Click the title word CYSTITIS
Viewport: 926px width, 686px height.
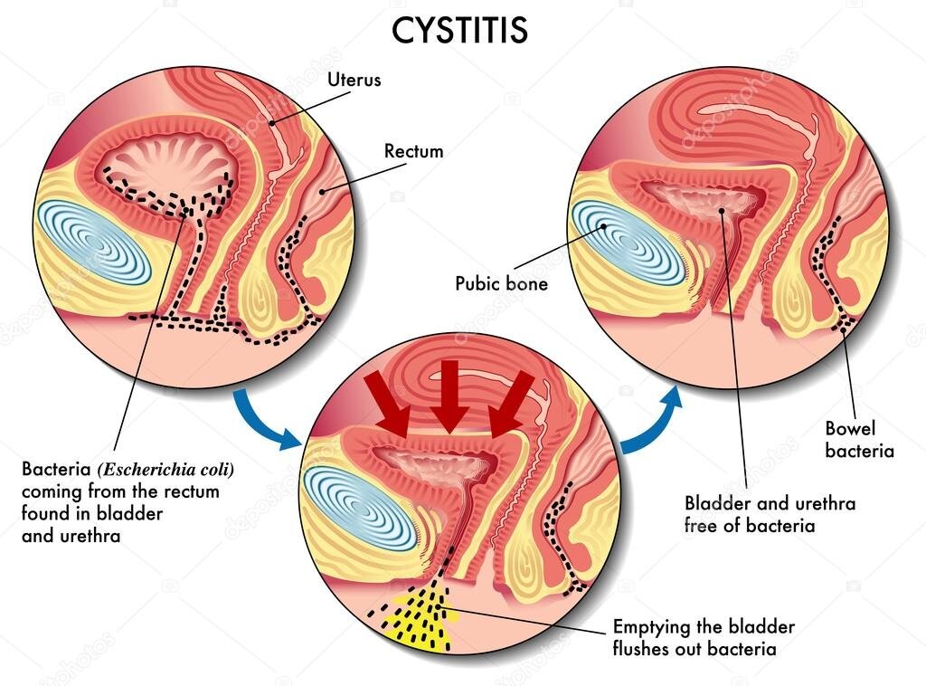click(459, 30)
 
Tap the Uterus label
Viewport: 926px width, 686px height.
click(354, 80)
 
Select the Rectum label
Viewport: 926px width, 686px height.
click(413, 151)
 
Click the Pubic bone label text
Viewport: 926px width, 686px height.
click(501, 283)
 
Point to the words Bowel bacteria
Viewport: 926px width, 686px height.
click(859, 439)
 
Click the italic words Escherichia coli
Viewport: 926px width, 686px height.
click(166, 471)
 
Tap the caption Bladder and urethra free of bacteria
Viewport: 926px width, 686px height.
click(770, 514)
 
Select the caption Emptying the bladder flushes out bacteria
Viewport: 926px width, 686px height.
click(704, 637)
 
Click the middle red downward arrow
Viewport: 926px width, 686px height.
click(449, 400)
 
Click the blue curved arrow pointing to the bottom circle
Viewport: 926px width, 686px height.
click(267, 421)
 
